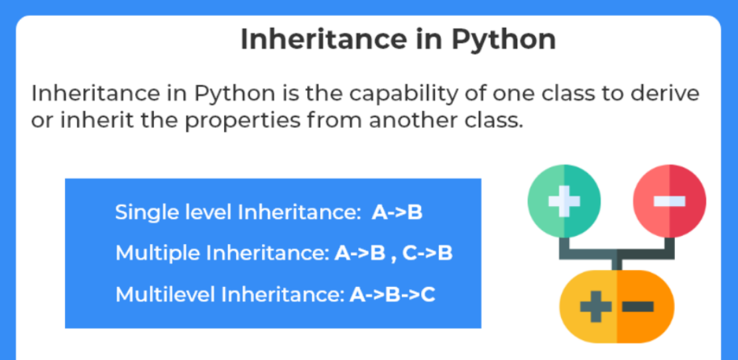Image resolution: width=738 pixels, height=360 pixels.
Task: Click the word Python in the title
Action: click(504, 40)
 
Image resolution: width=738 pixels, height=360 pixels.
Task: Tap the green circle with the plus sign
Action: click(564, 200)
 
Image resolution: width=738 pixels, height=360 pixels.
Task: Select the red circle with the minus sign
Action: click(669, 200)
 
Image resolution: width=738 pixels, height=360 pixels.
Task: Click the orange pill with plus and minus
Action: click(617, 306)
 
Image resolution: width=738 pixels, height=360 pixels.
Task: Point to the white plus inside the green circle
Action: click(564, 200)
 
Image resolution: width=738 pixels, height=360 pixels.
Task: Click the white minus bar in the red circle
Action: click(669, 200)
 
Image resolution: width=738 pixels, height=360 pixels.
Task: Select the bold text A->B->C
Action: click(392, 294)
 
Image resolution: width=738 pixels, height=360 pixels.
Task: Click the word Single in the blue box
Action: click(141, 213)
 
